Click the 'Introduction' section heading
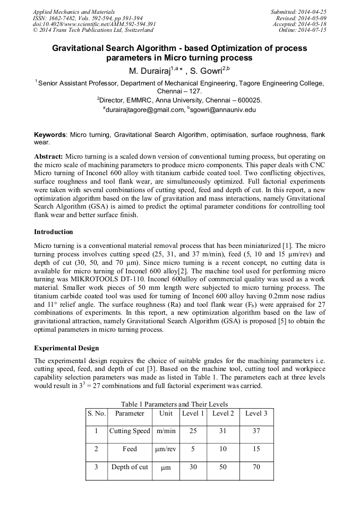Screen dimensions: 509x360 coord(54,232)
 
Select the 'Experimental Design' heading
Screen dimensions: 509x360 coord(66,348)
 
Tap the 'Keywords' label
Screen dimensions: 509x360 coord(51,135)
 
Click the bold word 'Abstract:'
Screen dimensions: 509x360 coord(49,157)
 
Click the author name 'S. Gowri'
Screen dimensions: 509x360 coord(209,71)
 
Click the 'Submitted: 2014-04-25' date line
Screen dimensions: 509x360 coord(298,11)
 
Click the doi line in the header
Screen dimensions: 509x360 coord(94,24)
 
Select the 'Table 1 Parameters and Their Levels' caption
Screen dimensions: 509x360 coord(174,403)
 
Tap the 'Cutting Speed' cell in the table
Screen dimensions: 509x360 coord(130,432)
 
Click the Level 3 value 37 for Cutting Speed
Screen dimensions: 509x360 coord(256,432)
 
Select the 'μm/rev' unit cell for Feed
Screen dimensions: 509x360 coord(166,449)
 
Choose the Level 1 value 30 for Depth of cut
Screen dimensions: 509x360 coord(193,467)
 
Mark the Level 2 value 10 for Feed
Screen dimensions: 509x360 coord(223,449)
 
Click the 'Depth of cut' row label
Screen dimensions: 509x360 coord(130,467)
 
